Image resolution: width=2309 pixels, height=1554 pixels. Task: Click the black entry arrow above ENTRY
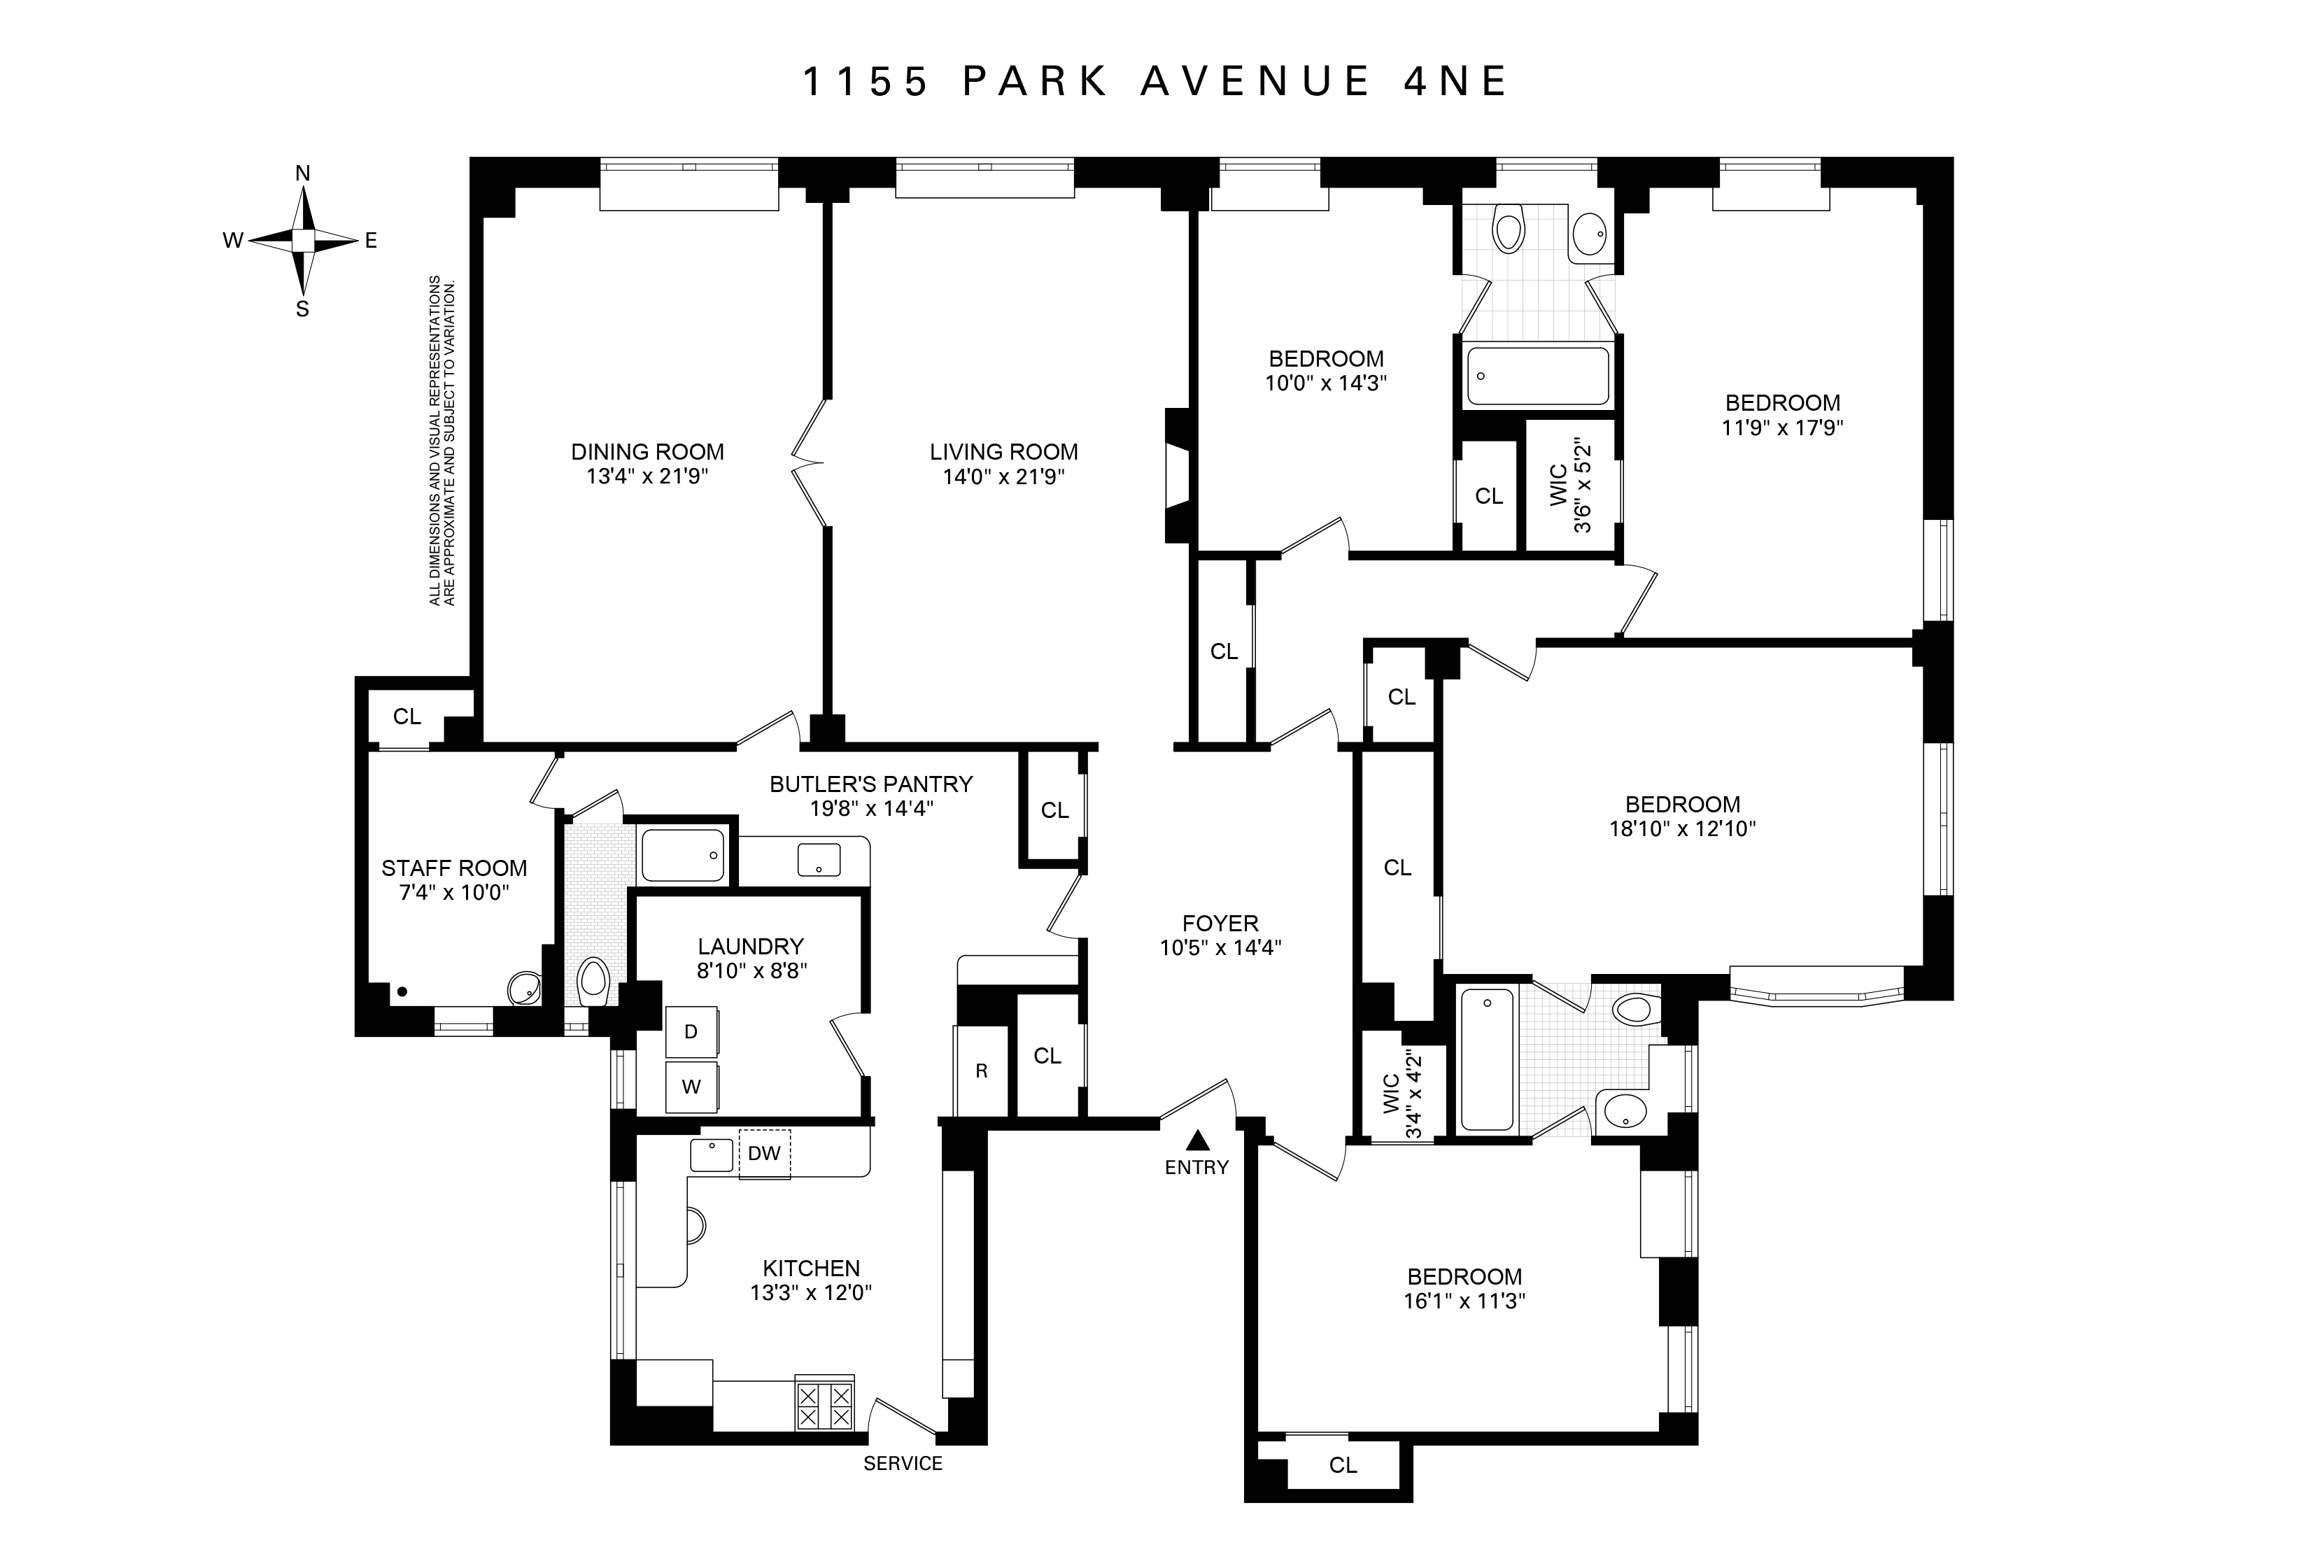(x=1198, y=1140)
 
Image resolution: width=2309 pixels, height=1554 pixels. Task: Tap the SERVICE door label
(x=903, y=1464)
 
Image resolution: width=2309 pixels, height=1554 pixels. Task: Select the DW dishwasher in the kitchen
(x=764, y=1154)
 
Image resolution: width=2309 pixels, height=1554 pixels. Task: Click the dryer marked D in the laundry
(x=691, y=1032)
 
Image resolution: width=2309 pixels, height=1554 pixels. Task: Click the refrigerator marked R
(x=981, y=1071)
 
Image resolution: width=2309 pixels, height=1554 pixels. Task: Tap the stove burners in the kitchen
(x=824, y=1406)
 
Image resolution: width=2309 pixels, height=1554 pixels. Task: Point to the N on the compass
(x=303, y=174)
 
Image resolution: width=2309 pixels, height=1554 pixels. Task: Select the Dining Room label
(x=647, y=452)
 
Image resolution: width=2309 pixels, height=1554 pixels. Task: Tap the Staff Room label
(x=454, y=868)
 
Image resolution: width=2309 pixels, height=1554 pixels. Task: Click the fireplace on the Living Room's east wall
(x=1178, y=476)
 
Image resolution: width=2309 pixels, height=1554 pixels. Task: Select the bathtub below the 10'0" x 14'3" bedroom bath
(x=1537, y=376)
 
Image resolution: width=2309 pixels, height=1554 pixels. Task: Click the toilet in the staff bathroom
(x=593, y=979)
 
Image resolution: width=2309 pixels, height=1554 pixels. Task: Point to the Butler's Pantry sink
(x=819, y=859)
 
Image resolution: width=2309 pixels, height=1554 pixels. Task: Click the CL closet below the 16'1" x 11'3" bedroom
(x=1343, y=1465)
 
